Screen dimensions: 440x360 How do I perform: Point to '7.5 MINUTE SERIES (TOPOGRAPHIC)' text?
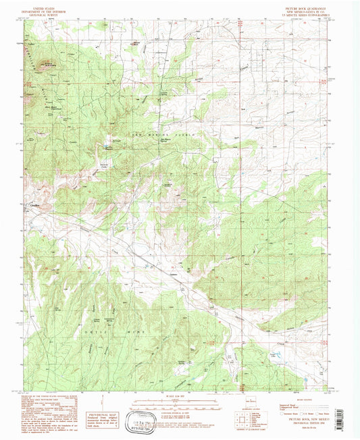(303, 13)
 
